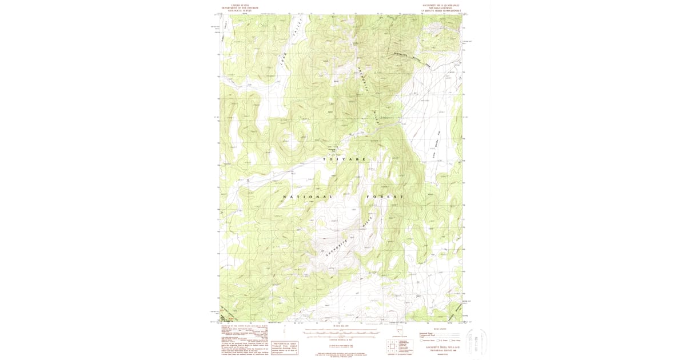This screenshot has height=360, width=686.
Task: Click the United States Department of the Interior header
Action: point(240,8)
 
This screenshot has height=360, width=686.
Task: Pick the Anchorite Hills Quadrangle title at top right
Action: point(440,8)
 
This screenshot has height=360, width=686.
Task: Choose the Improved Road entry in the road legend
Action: point(430,332)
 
